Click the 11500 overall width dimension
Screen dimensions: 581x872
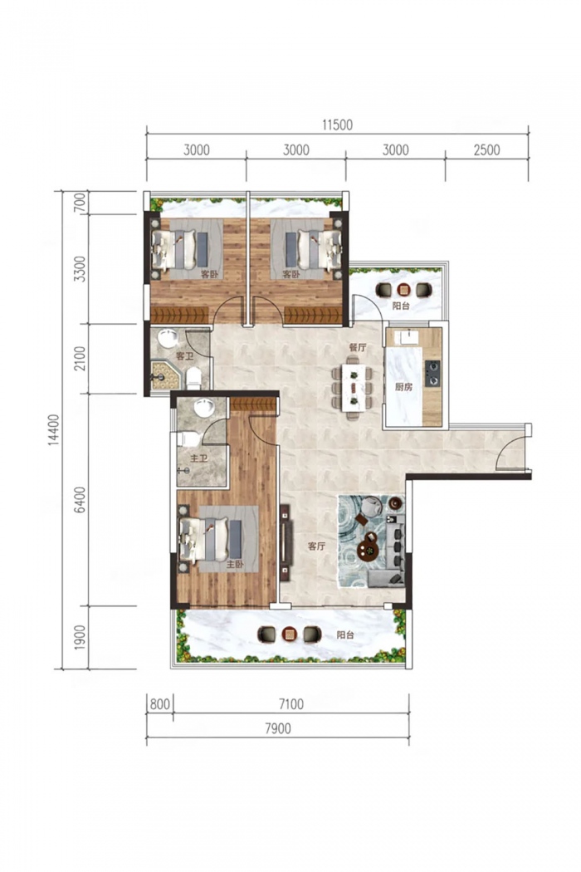click(x=337, y=125)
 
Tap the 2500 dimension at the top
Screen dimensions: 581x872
click(x=486, y=150)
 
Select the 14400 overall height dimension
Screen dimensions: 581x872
click(x=53, y=429)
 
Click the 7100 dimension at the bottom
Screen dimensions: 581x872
click(x=290, y=704)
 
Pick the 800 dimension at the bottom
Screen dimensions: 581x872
click(x=159, y=704)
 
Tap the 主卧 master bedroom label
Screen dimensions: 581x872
click(x=235, y=564)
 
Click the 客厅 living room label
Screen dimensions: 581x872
click(x=316, y=546)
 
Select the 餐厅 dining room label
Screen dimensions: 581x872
click(x=358, y=348)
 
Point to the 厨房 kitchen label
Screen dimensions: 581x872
click(x=404, y=387)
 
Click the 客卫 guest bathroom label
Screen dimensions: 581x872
click(x=184, y=356)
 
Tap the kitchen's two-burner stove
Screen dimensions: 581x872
click(x=432, y=373)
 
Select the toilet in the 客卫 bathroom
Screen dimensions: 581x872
click(x=193, y=378)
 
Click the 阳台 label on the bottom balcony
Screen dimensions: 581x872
click(x=346, y=634)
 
